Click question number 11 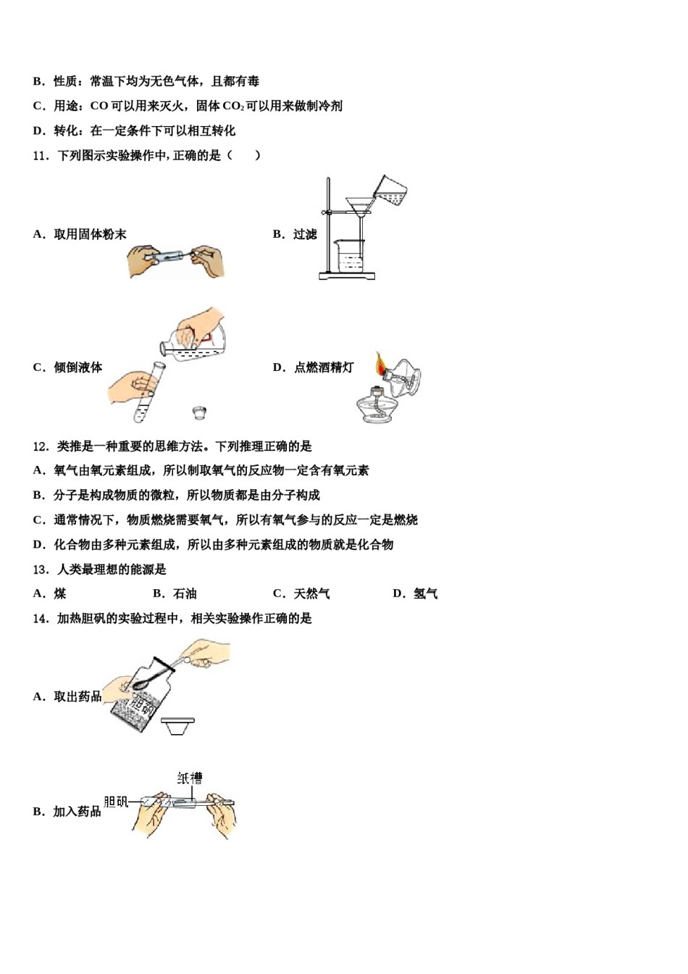(41, 155)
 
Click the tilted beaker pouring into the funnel (390, 191)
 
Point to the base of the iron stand (348, 276)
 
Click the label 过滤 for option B (305, 234)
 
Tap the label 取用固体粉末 (90, 234)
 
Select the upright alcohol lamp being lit (376, 407)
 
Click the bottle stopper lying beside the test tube (200, 413)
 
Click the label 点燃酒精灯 (324, 367)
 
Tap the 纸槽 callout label (190, 778)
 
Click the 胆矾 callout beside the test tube (116, 802)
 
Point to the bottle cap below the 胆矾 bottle (177, 725)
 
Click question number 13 (41, 570)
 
